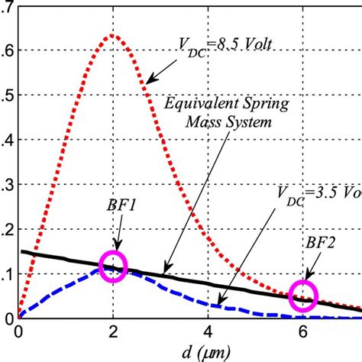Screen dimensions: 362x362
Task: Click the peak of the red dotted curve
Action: point(112,35)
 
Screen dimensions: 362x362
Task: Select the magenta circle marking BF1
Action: point(113,267)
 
